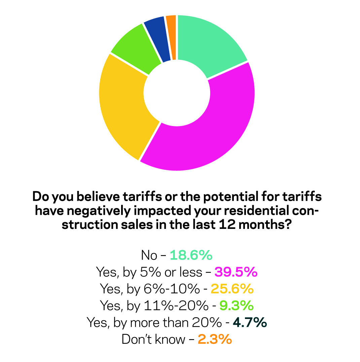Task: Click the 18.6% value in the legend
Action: [x=191, y=255]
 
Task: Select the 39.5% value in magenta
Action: [x=236, y=272]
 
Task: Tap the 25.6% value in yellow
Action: [x=232, y=289]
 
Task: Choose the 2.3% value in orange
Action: [x=215, y=339]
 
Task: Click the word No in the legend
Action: [x=149, y=255]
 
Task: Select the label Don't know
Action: [x=153, y=339]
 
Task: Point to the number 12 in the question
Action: [x=227, y=225]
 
